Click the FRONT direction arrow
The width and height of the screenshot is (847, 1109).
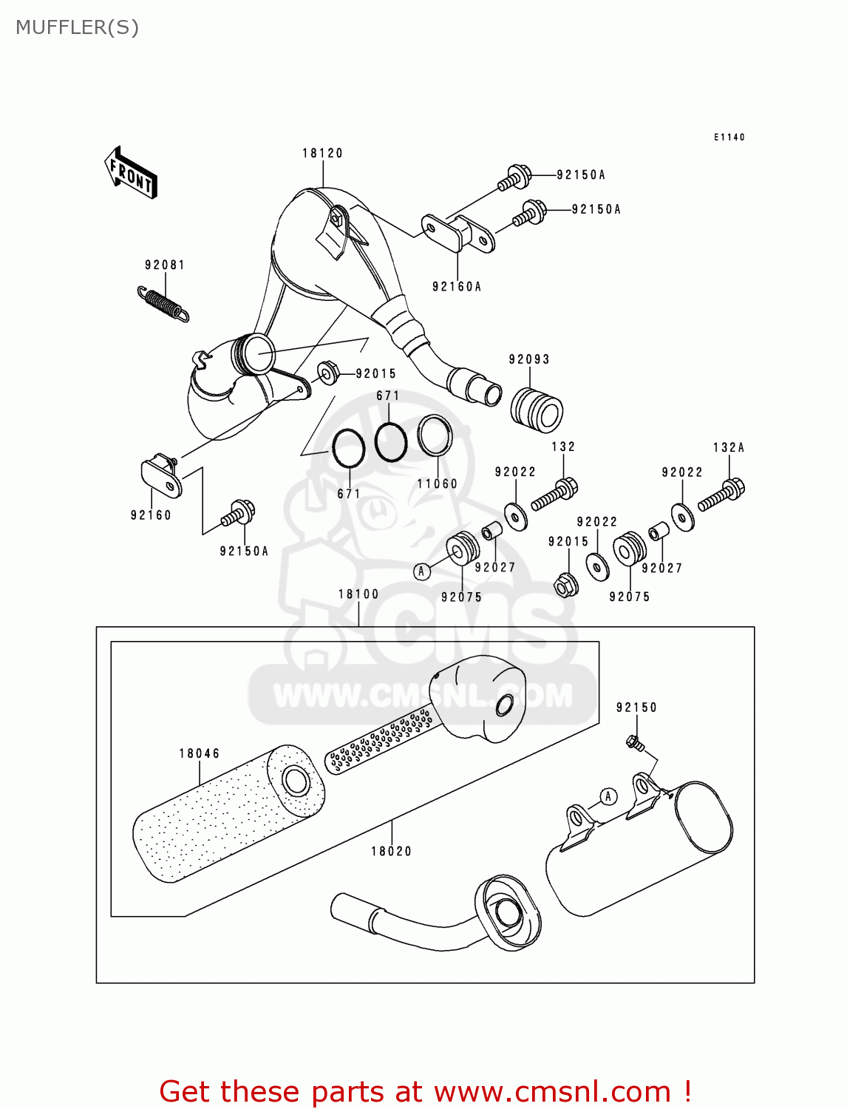(131, 172)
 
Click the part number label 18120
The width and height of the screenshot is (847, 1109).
(322, 153)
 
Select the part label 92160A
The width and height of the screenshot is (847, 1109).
(456, 287)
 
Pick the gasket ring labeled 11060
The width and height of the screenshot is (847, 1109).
(435, 435)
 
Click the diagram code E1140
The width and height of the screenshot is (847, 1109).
(729, 137)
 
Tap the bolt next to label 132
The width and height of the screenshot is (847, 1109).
(555, 494)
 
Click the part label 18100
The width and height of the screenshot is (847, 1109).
(358, 594)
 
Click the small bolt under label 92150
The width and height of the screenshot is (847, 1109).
(633, 742)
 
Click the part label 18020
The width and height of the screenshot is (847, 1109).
(391, 851)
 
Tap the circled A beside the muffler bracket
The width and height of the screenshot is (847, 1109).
(608, 796)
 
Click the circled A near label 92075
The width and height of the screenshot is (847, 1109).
(421, 571)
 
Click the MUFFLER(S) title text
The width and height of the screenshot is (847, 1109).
(77, 27)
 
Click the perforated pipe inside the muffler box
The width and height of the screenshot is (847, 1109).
(380, 739)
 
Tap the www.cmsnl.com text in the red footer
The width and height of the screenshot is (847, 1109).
(551, 1092)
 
